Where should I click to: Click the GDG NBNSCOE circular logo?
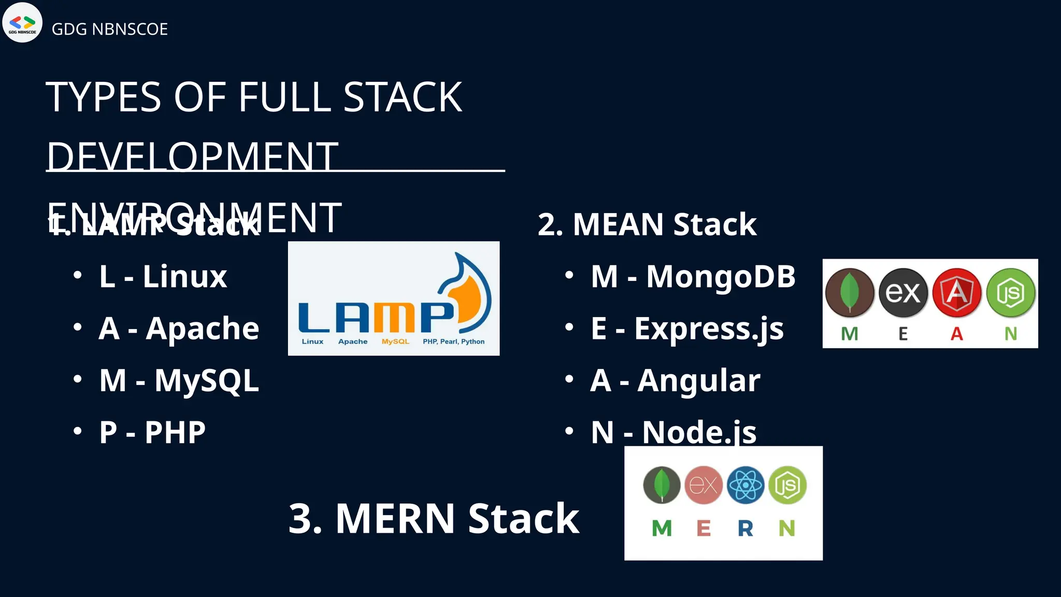[22, 22]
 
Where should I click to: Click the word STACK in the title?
[403, 97]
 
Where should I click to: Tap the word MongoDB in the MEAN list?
[721, 277]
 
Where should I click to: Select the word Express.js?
[709, 329]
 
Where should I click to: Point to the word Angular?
[699, 381]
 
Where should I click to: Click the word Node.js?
[699, 432]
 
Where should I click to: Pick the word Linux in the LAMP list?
[185, 277]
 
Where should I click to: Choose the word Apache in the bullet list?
[203, 329]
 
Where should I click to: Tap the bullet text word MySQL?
[207, 381]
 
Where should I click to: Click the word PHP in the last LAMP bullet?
[175, 432]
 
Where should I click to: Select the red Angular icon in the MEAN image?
[957, 293]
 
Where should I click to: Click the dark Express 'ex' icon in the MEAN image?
[903, 293]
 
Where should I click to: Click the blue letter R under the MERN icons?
[745, 529]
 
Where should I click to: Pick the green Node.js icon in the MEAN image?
[1011, 293]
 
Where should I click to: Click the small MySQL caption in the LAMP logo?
[395, 342]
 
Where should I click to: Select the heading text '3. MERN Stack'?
[434, 518]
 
